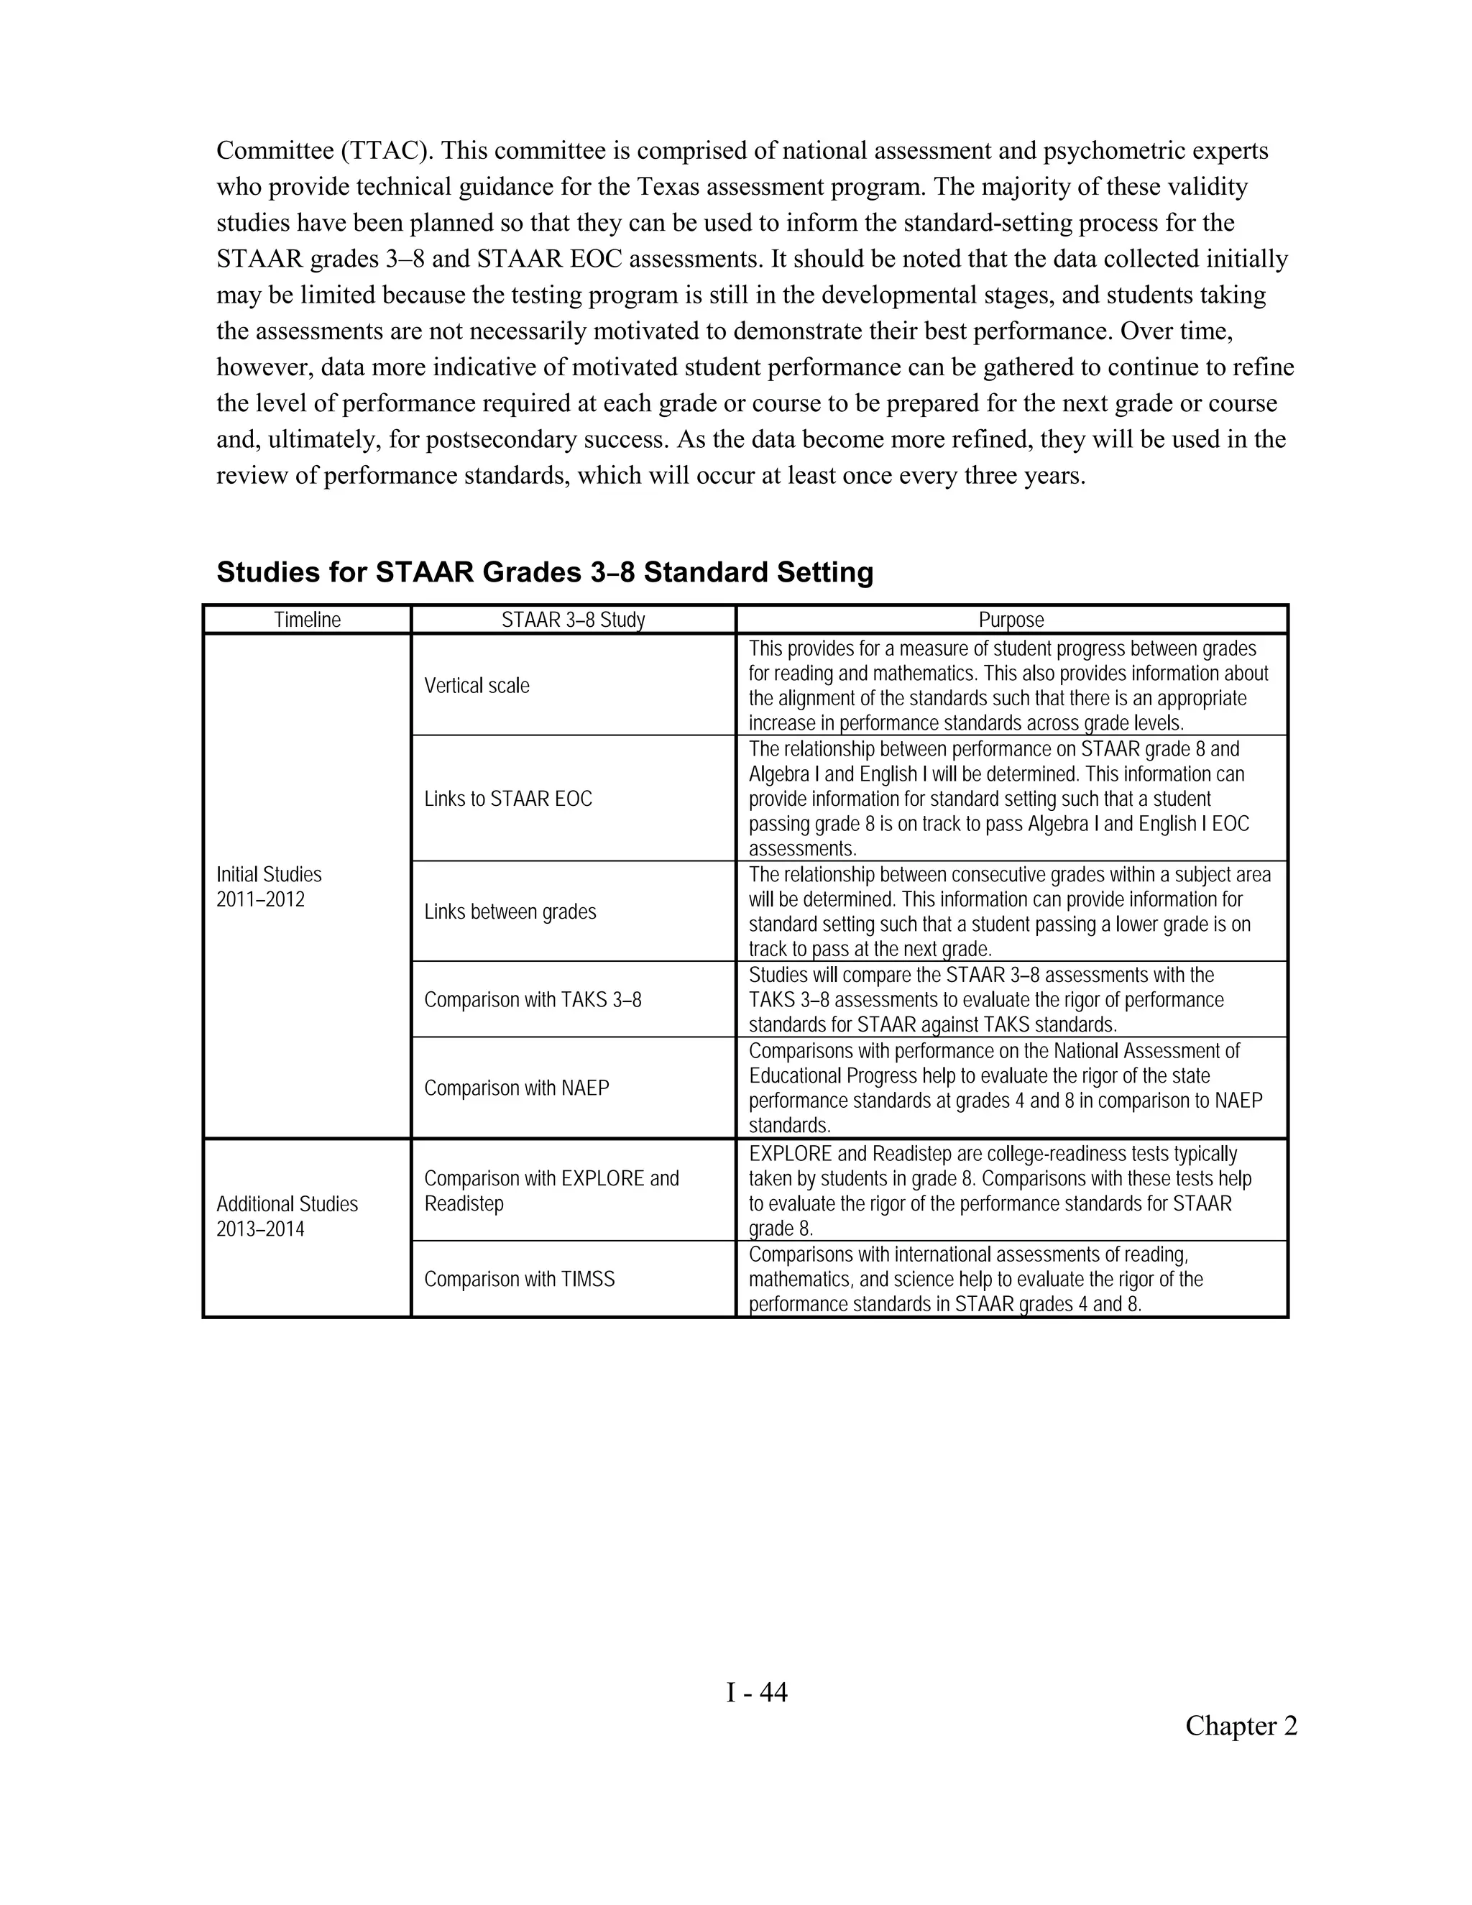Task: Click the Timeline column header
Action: tap(307, 620)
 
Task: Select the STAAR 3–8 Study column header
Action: tap(573, 620)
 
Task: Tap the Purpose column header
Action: tap(1011, 620)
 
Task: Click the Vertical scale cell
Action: tap(477, 686)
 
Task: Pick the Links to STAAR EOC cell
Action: tap(507, 799)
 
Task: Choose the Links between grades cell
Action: tap(510, 912)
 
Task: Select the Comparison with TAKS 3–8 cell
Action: tap(532, 1001)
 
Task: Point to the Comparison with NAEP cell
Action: tap(516, 1088)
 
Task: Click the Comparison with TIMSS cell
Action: tap(519, 1280)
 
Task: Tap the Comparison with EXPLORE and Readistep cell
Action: tap(551, 1190)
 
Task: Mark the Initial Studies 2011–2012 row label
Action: tap(269, 887)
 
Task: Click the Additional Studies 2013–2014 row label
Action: tap(287, 1217)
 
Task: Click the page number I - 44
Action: tap(756, 1693)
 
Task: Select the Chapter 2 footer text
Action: tap(1240, 1726)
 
